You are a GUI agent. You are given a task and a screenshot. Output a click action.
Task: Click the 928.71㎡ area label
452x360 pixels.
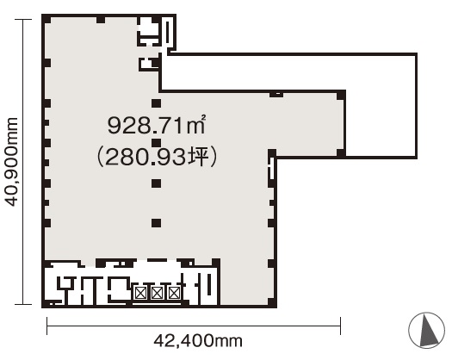click(x=157, y=125)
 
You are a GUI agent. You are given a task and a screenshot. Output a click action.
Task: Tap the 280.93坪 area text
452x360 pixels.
click(x=157, y=158)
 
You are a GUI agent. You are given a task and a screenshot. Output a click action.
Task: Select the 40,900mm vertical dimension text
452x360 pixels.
click(x=12, y=162)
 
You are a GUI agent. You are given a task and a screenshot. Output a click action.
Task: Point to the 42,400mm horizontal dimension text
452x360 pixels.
click(x=198, y=341)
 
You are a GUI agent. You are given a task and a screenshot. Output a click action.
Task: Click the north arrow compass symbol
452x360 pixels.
click(x=427, y=330)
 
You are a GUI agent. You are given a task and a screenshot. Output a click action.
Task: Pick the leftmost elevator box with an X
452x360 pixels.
click(x=139, y=294)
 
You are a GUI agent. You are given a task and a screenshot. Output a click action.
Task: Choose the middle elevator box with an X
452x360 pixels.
click(x=157, y=294)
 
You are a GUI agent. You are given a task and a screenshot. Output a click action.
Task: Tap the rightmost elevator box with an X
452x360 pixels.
click(x=174, y=294)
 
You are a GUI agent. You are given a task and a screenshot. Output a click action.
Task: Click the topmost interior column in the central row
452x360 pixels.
click(x=156, y=103)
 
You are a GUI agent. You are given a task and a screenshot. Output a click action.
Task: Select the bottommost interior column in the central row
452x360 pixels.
click(x=156, y=223)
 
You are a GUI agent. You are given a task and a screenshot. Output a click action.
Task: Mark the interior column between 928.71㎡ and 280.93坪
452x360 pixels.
click(x=156, y=143)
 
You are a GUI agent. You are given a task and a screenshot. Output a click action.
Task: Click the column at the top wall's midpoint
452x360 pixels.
click(x=101, y=19)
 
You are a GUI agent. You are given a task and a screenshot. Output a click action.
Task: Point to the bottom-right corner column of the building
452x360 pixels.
click(x=272, y=302)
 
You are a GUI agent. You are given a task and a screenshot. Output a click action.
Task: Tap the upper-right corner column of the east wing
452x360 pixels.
click(x=341, y=95)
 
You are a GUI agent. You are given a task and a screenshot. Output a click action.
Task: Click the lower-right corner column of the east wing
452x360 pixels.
click(x=341, y=153)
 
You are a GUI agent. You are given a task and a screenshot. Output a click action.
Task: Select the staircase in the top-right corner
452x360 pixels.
click(x=168, y=31)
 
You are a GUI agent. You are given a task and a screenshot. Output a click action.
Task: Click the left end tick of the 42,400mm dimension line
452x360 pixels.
click(x=47, y=326)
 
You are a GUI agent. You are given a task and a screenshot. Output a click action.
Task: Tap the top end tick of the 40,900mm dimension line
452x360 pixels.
click(x=23, y=19)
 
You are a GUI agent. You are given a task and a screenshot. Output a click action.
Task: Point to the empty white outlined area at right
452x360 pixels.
click(x=381, y=105)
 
